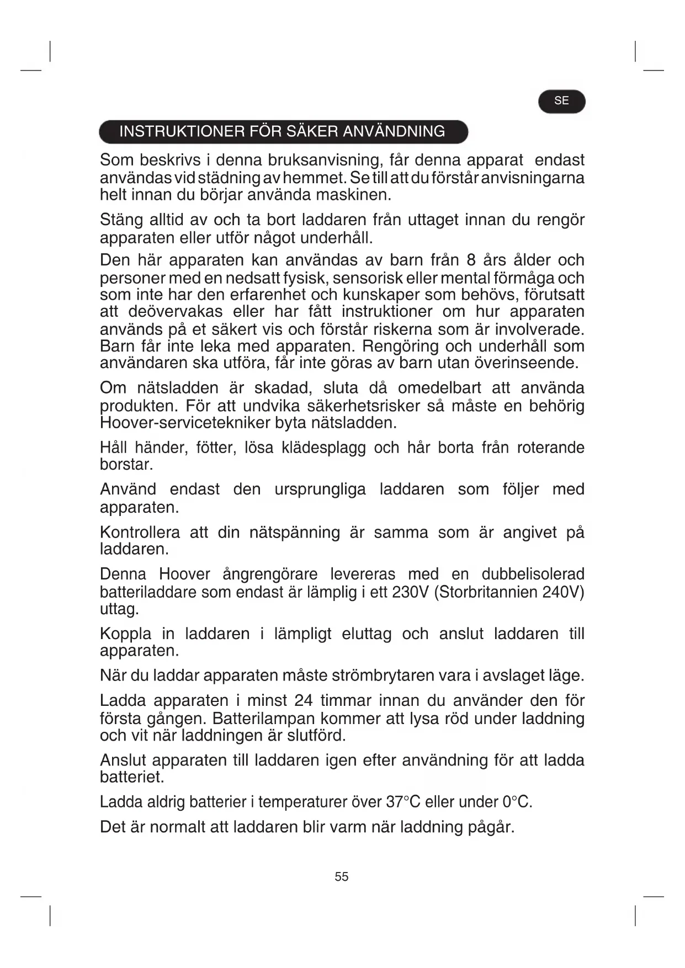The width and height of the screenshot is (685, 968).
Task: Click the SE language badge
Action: point(561,101)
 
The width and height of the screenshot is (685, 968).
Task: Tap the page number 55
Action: point(342,876)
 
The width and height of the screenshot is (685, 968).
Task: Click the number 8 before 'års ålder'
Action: point(471,260)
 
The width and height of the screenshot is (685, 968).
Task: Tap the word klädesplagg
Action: point(323,448)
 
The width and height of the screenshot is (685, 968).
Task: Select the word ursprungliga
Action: point(320,490)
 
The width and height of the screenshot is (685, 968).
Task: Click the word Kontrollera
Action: point(140,533)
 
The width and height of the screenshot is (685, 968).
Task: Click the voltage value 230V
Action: point(410,592)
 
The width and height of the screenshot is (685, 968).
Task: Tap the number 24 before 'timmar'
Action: point(303,701)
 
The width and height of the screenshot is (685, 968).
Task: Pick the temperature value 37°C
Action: point(403,802)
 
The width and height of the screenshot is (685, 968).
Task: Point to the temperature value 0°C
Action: point(517,802)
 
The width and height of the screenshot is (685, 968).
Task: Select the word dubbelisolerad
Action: point(533,575)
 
